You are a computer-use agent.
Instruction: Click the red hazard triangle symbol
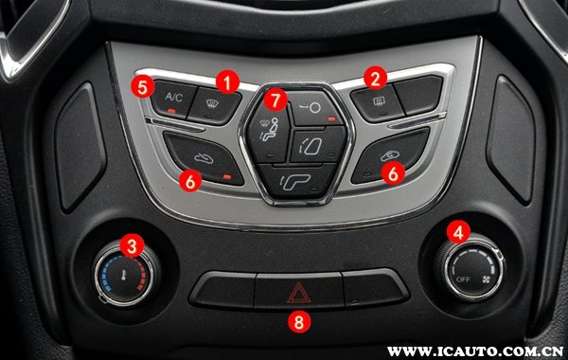(299, 293)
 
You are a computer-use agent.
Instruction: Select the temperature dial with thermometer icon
(124, 275)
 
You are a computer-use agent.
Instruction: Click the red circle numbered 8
(299, 321)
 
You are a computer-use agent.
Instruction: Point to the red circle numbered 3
(132, 246)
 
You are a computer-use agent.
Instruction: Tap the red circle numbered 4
(458, 232)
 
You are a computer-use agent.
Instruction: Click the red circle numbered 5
(142, 86)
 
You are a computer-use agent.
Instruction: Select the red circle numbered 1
(227, 81)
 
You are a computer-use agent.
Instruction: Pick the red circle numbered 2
(375, 78)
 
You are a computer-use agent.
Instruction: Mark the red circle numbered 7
(275, 99)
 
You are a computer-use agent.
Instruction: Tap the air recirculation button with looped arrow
(390, 155)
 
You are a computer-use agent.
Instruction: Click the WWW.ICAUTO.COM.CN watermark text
(475, 351)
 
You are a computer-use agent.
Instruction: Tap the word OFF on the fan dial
(463, 279)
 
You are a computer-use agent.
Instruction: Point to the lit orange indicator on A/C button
(171, 111)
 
